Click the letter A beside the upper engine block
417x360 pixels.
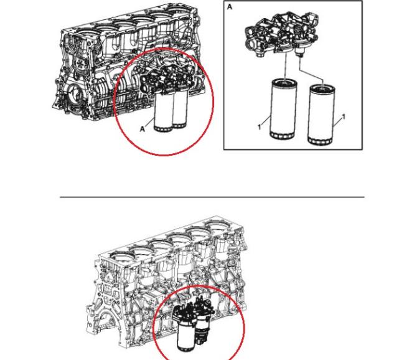point(143,129)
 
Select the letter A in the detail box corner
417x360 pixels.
point(230,7)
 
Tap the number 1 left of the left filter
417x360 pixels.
point(260,127)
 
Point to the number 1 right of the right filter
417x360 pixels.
point(344,117)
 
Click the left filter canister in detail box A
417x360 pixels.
point(283,109)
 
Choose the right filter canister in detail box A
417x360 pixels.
point(321,115)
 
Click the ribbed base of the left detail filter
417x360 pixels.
point(283,135)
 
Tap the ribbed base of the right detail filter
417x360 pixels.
point(321,141)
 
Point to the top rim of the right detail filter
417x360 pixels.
point(322,87)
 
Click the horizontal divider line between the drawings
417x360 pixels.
point(212,197)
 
